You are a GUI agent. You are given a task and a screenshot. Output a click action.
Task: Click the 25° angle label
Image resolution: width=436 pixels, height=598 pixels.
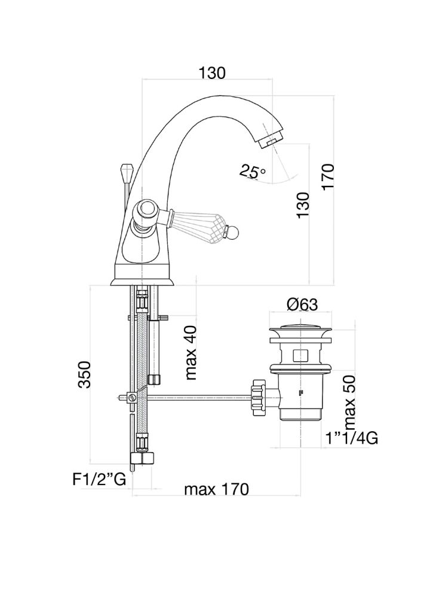tap(252, 172)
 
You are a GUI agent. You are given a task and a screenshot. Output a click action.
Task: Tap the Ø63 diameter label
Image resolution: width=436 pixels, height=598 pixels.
tap(303, 304)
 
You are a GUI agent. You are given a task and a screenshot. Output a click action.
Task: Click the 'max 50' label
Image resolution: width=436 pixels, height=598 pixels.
tap(349, 402)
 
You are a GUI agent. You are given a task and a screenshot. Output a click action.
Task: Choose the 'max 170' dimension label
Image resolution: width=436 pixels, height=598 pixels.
tap(216, 489)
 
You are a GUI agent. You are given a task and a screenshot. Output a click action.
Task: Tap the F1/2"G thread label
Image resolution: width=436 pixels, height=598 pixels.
tap(99, 480)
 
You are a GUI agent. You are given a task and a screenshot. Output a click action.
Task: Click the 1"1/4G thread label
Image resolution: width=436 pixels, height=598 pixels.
tap(352, 438)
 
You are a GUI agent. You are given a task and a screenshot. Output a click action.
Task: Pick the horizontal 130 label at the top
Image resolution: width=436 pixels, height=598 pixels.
tap(212, 72)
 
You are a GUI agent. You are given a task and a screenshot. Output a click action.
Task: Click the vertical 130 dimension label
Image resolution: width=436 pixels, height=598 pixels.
tap(303, 205)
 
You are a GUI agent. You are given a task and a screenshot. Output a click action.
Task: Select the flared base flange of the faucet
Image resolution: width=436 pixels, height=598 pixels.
tap(142, 282)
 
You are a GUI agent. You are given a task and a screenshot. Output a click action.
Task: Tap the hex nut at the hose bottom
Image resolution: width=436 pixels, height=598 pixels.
tap(142, 457)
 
